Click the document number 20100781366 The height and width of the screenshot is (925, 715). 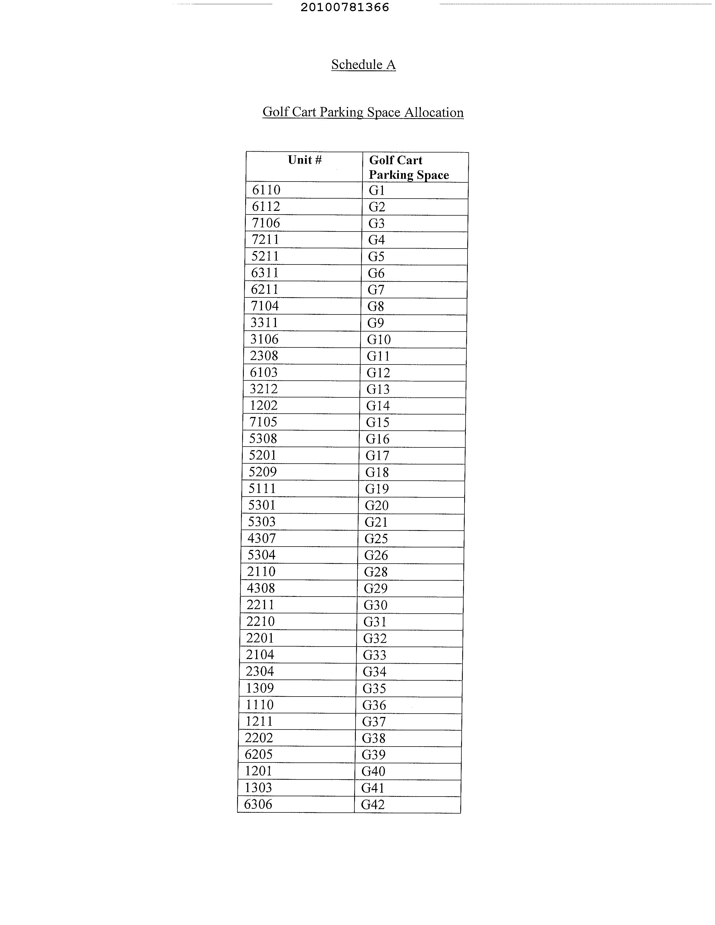(344, 7)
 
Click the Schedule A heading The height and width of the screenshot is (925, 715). (363, 65)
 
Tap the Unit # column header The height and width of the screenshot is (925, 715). (304, 160)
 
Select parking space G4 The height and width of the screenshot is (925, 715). (376, 240)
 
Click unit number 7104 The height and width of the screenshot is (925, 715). (265, 306)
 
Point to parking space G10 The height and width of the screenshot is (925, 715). (379, 339)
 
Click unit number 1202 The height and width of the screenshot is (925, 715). (263, 405)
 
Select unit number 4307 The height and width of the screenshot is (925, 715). (261, 538)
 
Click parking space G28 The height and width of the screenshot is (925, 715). (376, 572)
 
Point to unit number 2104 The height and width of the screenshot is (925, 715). (260, 654)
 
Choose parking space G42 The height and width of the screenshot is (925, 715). (373, 804)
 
